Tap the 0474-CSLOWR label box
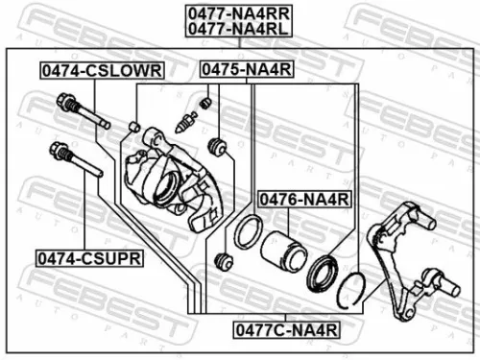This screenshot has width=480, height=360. [101, 70]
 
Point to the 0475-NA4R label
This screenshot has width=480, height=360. [246, 70]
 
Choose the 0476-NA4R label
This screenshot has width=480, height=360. [305, 199]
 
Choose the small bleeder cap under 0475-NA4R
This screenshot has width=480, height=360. [203, 102]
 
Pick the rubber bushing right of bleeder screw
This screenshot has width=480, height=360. [217, 146]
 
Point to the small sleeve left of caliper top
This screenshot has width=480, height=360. [136, 127]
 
